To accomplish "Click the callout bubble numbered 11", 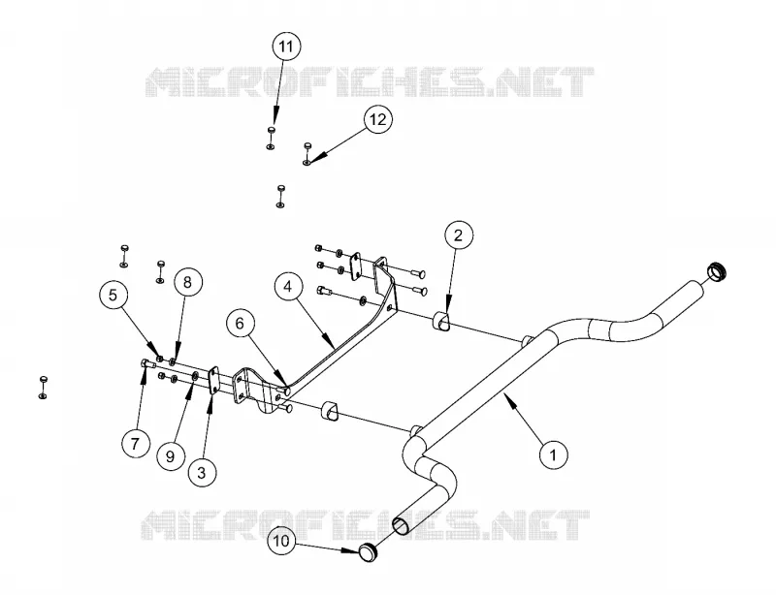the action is click(x=286, y=47).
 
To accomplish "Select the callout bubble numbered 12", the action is click(x=377, y=120).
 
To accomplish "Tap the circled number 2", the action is click(x=458, y=235).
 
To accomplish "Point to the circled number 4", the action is click(x=288, y=287).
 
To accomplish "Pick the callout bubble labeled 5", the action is click(x=113, y=296).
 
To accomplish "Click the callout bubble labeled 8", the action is click(x=187, y=282).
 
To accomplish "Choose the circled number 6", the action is click(x=240, y=324).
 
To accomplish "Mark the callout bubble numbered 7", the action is click(x=136, y=444).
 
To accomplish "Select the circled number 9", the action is click(x=171, y=456).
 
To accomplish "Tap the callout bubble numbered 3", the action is click(x=202, y=473).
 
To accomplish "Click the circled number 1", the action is click(x=553, y=454).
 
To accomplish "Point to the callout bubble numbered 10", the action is click(x=281, y=541).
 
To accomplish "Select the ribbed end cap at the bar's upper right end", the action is click(x=717, y=269).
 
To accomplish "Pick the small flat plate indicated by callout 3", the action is click(x=213, y=380).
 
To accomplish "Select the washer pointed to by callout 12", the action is click(x=307, y=161).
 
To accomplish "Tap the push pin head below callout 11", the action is click(x=272, y=130).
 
